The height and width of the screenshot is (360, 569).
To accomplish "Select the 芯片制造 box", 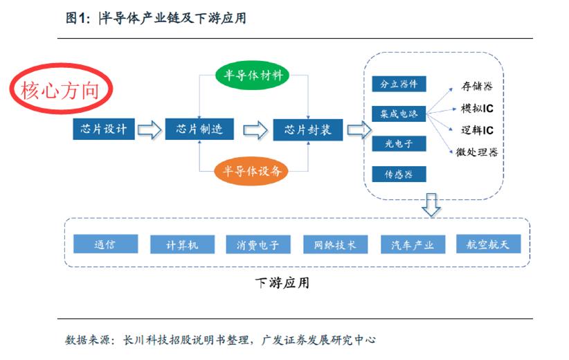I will [199, 129].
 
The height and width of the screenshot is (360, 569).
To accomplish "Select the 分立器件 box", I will [398, 84].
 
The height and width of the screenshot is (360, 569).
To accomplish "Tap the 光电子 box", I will [398, 143].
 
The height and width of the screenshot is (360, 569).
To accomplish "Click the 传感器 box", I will [398, 174].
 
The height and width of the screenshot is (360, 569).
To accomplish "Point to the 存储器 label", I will [477, 87].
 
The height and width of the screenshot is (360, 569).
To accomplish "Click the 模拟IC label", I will [476, 109].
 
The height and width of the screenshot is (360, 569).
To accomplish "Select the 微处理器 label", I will [477, 152].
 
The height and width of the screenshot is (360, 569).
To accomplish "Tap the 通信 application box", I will [105, 244].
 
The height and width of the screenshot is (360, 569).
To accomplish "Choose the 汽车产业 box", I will [413, 244].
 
